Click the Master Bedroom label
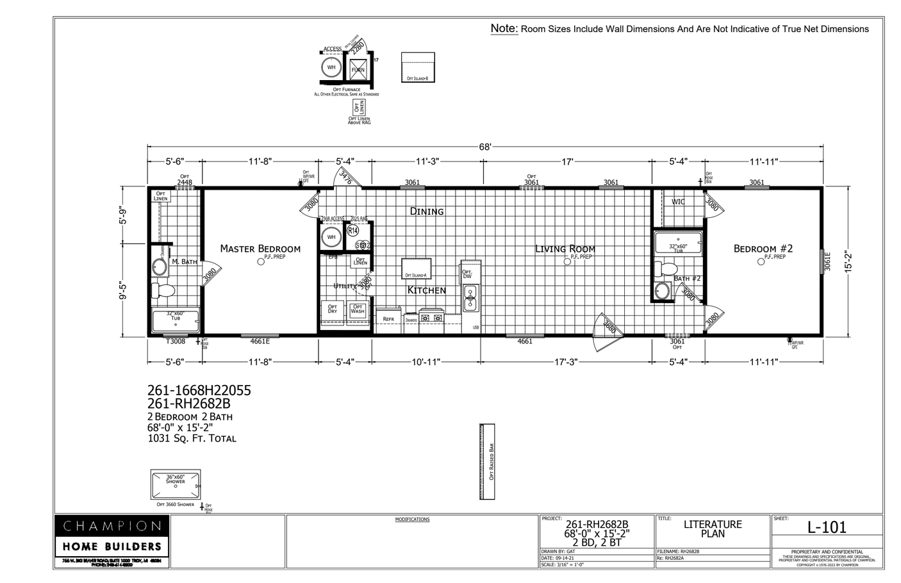[260, 249]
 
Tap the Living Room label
[565, 249]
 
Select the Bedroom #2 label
[763, 249]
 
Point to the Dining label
[427, 211]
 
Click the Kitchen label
[427, 290]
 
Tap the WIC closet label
[678, 202]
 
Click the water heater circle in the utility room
[331, 237]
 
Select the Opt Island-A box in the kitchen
[417, 268]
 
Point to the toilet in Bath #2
[668, 268]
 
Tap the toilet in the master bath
[163, 291]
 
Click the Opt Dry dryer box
[333, 309]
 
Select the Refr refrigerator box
[388, 318]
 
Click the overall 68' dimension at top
[485, 147]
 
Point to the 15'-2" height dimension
[848, 261]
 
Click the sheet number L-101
[827, 527]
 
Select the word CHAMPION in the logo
[112, 526]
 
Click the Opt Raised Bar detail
[488, 461]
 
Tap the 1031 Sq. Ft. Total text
[192, 439]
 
